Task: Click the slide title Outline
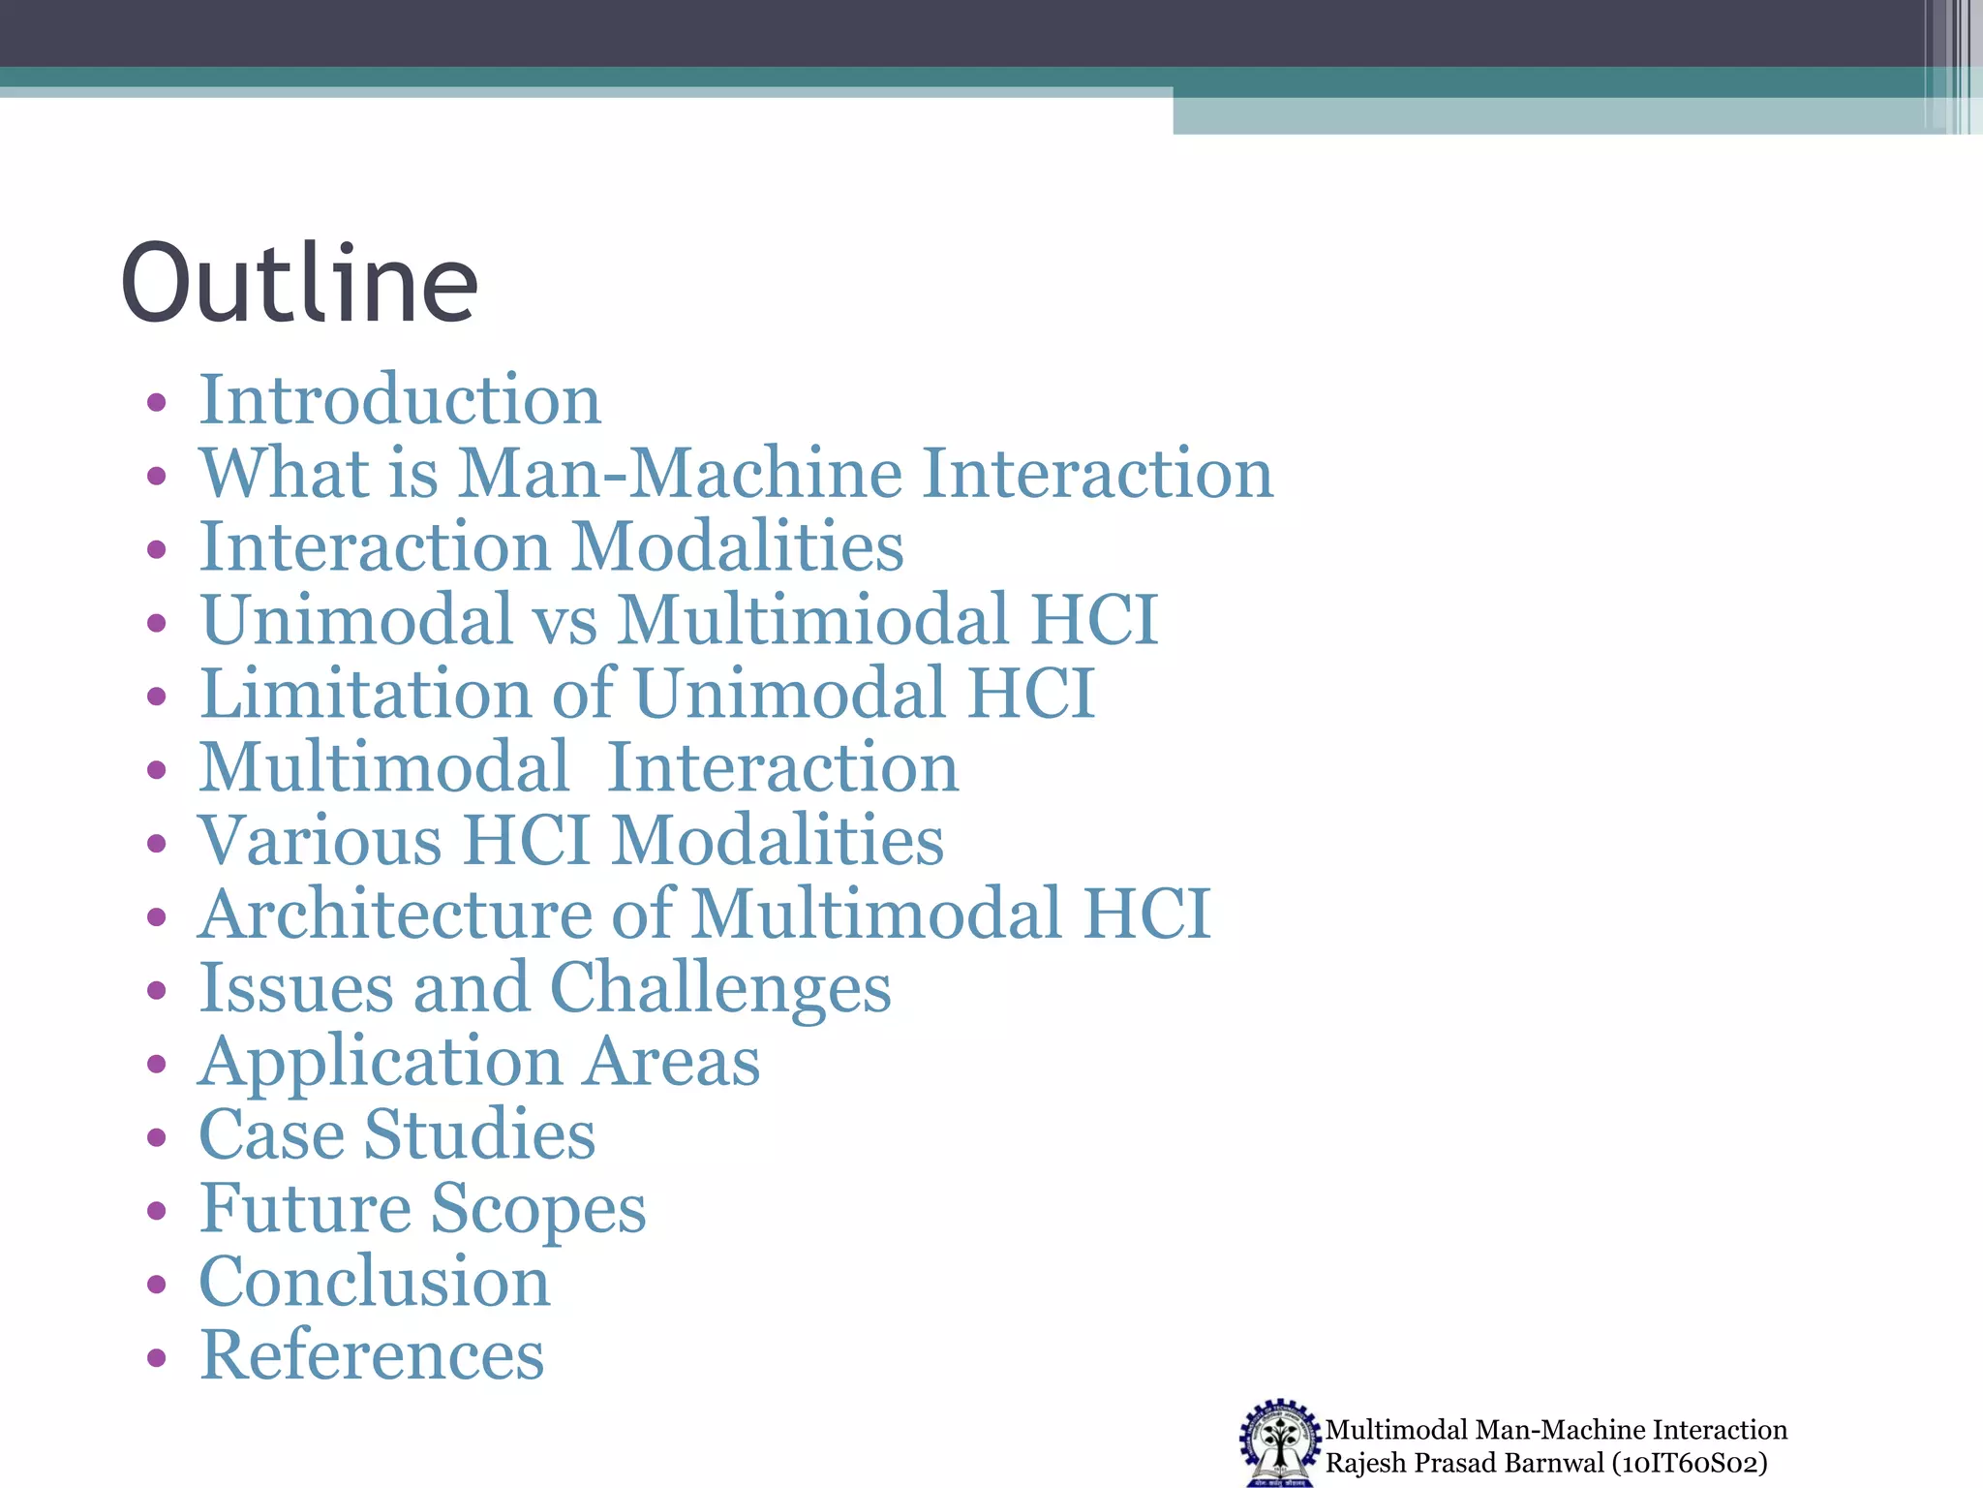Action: click(x=299, y=283)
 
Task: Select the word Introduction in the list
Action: click(x=400, y=399)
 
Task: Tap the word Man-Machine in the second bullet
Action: click(x=678, y=474)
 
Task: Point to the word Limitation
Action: click(x=365, y=694)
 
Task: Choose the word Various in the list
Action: click(x=320, y=840)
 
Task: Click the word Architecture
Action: click(x=395, y=914)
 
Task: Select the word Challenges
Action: click(x=720, y=988)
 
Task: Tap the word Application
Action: click(x=381, y=1063)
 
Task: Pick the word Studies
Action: click(x=479, y=1134)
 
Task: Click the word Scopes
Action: click(x=538, y=1209)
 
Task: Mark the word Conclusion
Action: click(x=375, y=1282)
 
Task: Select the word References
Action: click(x=372, y=1355)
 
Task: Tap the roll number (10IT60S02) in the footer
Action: click(x=1690, y=1463)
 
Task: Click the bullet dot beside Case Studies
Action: click(x=157, y=1137)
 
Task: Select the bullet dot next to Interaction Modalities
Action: click(x=157, y=550)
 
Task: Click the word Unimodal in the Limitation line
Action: click(x=790, y=694)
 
